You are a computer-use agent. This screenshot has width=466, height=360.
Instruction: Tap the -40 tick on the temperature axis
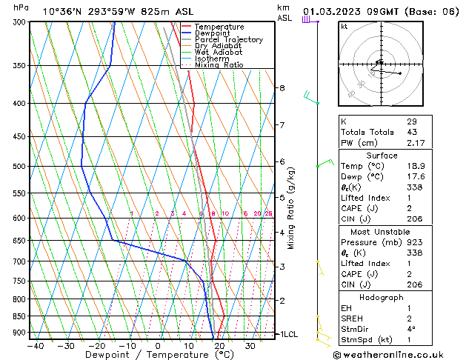pos(36,345)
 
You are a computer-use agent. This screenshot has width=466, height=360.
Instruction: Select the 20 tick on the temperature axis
pos(220,345)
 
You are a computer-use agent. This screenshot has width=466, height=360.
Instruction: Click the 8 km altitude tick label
pos(282,88)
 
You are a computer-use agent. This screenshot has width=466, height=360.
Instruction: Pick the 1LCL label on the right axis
pos(287,334)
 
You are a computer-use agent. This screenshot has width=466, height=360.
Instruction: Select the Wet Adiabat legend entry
pos(218,52)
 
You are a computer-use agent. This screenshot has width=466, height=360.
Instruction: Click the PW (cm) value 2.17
pos(416,143)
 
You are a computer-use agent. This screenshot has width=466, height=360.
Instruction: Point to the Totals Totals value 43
pos(411,132)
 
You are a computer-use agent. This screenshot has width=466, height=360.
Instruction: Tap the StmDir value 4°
pos(411,330)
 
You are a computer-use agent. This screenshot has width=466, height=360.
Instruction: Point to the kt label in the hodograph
pos(344,27)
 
